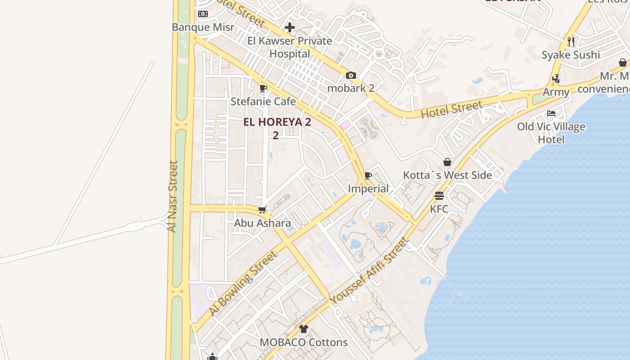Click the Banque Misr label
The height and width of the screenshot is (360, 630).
[203, 27]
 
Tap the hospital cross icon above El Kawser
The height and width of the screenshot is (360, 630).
[290, 27]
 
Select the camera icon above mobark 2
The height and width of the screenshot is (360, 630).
[351, 76]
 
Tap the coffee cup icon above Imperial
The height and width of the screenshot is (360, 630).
[368, 175]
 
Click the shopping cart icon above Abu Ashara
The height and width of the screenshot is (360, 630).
[262, 210]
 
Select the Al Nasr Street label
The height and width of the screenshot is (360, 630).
[172, 196]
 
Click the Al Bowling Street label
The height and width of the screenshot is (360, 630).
[243, 283]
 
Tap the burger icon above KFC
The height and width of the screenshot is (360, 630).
[439, 196]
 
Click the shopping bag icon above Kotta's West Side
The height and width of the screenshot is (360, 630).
[447, 162]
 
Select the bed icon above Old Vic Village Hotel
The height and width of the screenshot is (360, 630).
[551, 113]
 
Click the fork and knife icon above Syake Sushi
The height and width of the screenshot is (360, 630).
[571, 42]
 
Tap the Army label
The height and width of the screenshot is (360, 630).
[556, 92]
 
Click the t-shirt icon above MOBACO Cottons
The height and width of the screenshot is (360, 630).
[304, 329]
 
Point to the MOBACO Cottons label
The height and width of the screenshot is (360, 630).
[304, 342]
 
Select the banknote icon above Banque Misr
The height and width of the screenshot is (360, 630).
[203, 14]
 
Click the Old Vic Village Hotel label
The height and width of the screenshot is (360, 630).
[551, 133]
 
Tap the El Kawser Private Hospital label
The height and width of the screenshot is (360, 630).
[290, 47]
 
